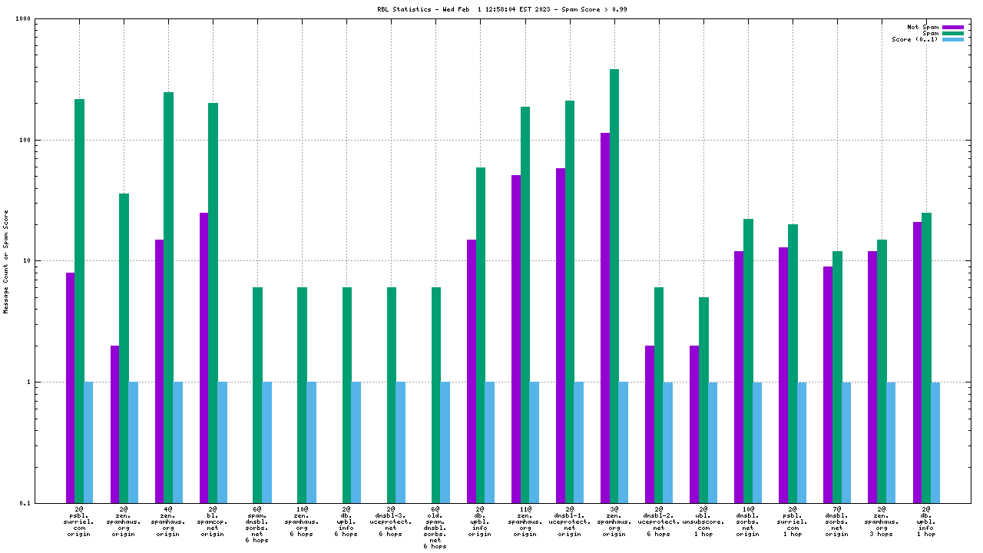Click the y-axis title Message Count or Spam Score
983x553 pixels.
coord(7,261)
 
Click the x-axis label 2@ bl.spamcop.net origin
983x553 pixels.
coord(213,521)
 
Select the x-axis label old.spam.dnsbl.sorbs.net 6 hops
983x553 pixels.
coord(435,527)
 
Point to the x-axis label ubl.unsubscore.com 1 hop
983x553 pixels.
coord(703,521)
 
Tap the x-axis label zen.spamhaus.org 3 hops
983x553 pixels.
coord(881,521)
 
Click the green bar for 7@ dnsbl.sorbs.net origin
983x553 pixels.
coord(837,377)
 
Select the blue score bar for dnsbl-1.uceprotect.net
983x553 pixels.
coord(578,442)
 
